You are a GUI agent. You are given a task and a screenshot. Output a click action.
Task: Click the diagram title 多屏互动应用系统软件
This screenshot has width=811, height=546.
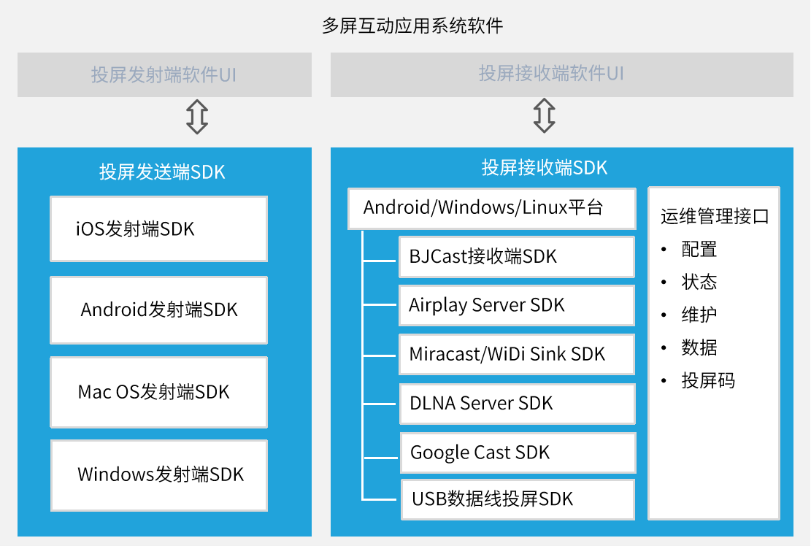412,26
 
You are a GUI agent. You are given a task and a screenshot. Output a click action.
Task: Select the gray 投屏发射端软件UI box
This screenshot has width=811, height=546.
164,74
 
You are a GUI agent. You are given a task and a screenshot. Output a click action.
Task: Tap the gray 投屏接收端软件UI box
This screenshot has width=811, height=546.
561,74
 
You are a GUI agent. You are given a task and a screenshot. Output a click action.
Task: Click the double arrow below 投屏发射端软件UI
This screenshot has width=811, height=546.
197,117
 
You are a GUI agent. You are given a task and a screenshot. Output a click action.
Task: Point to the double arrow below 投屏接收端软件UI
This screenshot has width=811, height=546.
544,115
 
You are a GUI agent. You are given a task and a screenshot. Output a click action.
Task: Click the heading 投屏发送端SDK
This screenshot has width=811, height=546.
162,172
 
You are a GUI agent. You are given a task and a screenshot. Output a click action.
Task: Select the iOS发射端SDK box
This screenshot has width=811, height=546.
159,228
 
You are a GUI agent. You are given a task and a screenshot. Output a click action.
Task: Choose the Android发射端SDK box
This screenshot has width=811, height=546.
159,309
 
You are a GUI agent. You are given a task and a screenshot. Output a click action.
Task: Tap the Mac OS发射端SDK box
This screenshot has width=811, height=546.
159,392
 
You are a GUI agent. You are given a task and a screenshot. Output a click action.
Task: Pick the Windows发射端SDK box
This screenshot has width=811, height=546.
159,475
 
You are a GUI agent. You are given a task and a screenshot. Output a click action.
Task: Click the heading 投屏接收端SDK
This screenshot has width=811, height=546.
544,168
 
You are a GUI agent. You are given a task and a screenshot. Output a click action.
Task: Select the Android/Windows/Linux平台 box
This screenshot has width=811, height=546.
492,208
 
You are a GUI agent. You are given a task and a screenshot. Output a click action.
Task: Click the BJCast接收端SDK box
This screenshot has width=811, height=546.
517,257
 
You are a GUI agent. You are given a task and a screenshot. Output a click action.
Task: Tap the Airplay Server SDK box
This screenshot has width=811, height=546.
517,306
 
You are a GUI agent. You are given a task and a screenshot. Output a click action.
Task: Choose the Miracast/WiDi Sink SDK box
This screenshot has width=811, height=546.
517,354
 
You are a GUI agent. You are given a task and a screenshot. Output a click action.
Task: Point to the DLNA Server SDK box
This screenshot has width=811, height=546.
518,403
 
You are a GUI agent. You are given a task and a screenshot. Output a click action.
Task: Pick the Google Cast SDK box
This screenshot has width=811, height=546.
518,453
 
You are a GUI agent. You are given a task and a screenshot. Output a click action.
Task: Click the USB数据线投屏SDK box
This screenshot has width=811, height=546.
518,499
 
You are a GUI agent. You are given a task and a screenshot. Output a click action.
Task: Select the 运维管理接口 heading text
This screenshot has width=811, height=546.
715,216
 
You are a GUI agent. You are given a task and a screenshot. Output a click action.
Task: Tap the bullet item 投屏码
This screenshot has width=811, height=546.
708,380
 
